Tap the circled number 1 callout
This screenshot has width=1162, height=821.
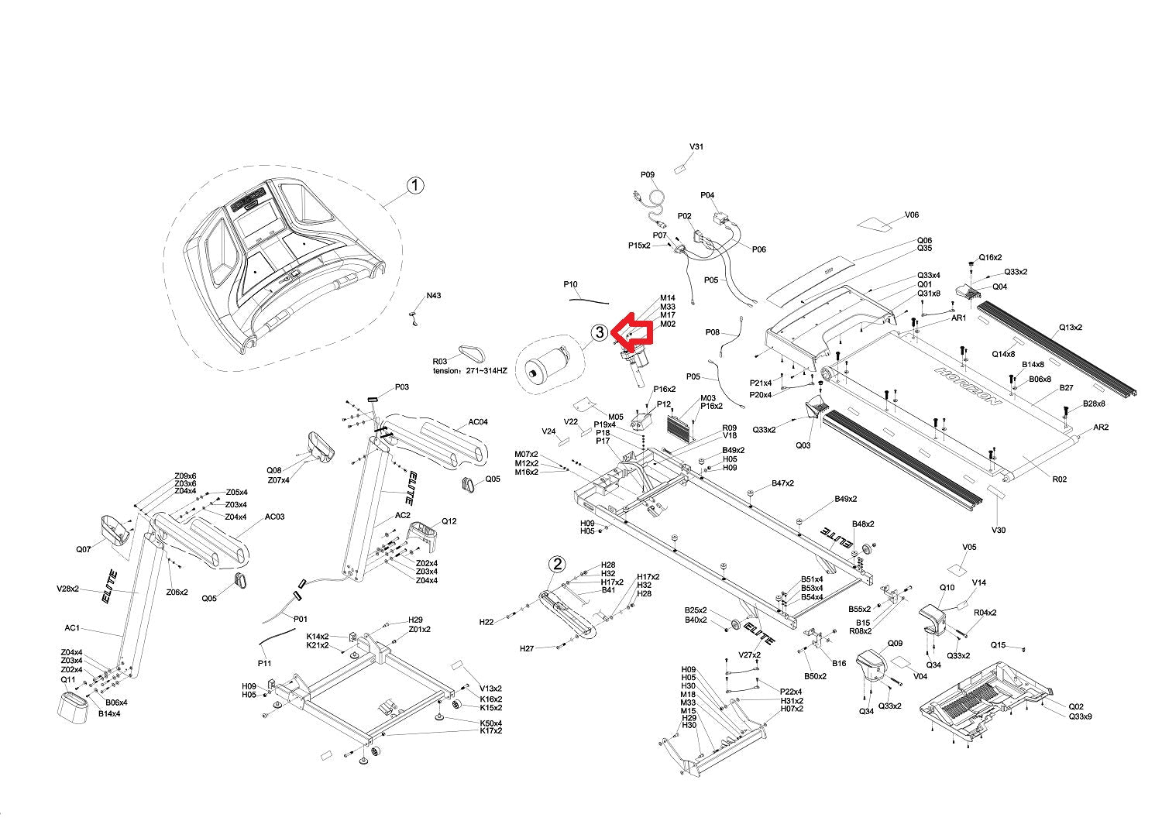click(416, 185)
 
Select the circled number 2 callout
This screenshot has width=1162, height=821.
click(558, 564)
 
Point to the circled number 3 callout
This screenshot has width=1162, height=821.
click(600, 332)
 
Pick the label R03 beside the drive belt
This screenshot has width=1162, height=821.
click(440, 362)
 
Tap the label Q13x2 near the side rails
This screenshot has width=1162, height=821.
click(1071, 328)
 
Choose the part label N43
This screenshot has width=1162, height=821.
click(434, 296)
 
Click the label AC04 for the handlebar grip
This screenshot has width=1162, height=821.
click(478, 422)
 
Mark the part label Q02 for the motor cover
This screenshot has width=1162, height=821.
click(1076, 706)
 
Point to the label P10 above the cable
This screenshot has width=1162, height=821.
click(570, 285)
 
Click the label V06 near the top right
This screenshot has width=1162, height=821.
click(912, 215)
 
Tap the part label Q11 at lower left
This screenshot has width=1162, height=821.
click(68, 679)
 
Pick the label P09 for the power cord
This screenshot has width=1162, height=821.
click(648, 175)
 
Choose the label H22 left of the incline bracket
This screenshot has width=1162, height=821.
click(486, 622)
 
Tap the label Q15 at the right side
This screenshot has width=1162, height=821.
click(998, 645)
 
